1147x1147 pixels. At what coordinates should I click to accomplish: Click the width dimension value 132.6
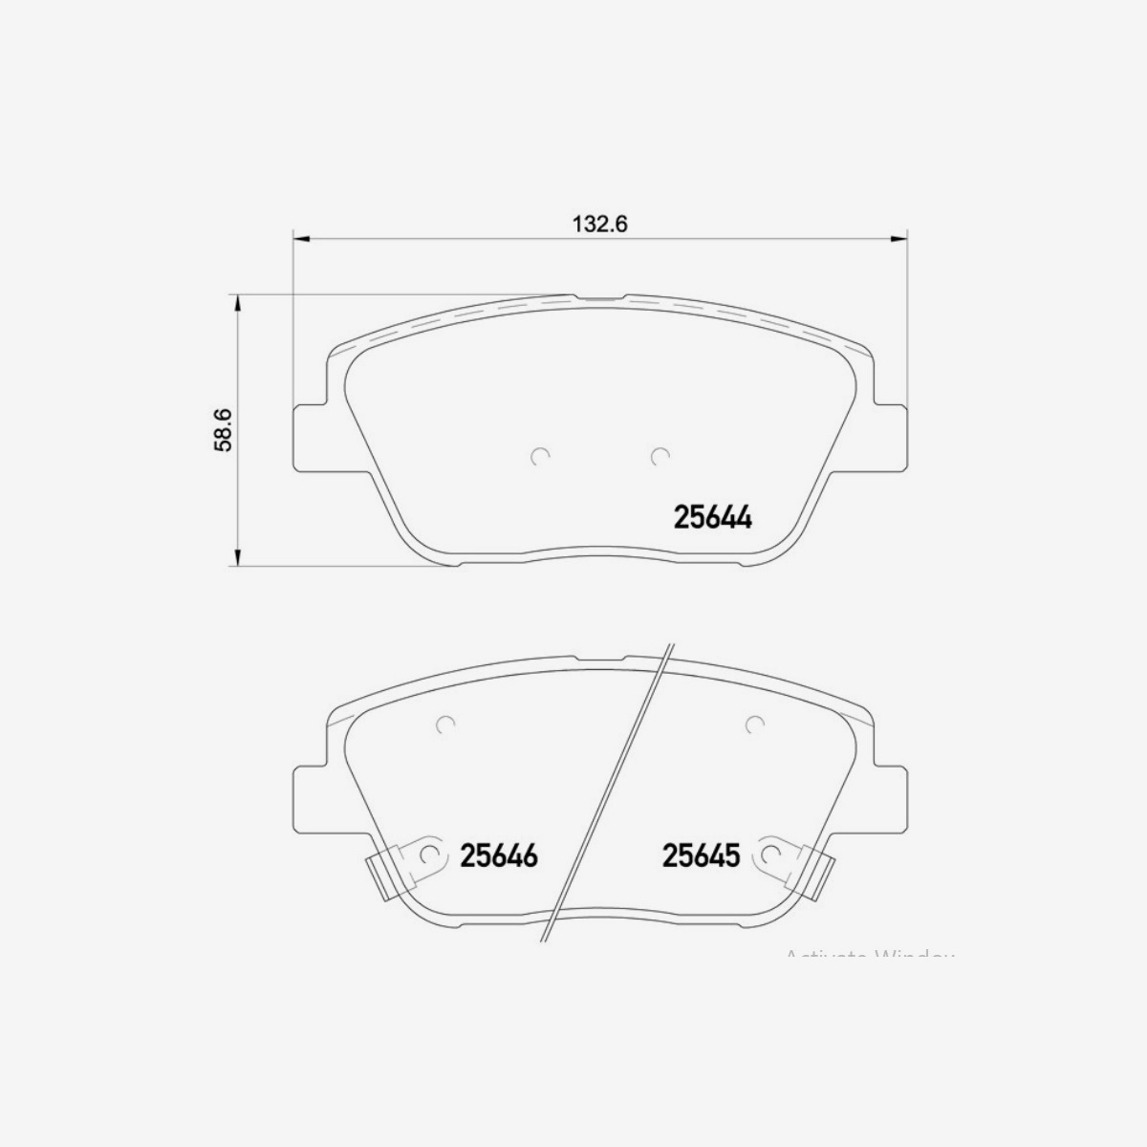pyautogui.click(x=598, y=225)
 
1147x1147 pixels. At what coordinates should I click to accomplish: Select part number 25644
pyautogui.click(x=713, y=518)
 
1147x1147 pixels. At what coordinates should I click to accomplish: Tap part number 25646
pyautogui.click(x=499, y=855)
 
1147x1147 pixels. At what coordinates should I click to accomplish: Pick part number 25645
pyautogui.click(x=702, y=855)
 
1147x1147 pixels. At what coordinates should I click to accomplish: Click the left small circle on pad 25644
pyautogui.click(x=540, y=458)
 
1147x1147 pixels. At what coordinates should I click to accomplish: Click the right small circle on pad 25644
pyautogui.click(x=659, y=458)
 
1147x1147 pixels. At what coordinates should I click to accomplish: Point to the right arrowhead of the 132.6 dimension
pyautogui.click(x=898, y=237)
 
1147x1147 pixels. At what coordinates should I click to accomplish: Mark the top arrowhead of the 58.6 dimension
pyautogui.click(x=237, y=302)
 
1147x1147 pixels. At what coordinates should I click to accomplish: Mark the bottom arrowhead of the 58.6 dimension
pyautogui.click(x=237, y=559)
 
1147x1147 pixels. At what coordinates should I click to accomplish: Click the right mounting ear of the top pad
pyautogui.click(x=888, y=438)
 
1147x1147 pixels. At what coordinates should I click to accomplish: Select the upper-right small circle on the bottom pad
pyautogui.click(x=754, y=725)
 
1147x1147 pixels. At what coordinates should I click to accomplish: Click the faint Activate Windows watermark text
pyautogui.click(x=869, y=955)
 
